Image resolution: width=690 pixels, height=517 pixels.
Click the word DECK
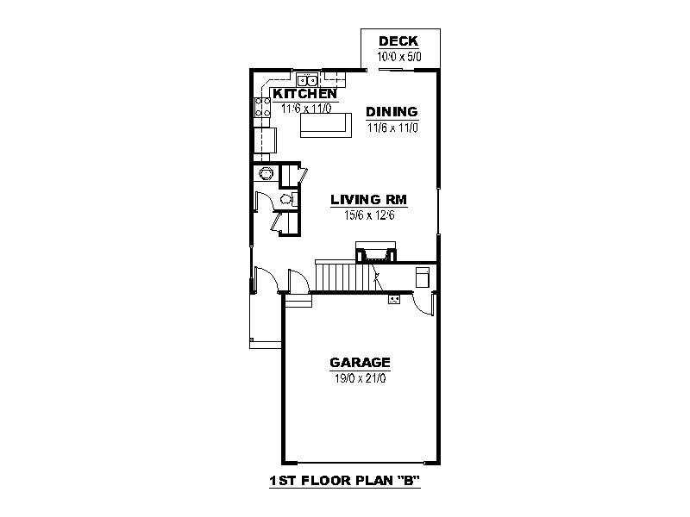pos(398,40)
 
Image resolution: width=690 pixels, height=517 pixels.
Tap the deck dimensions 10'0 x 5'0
pos(399,57)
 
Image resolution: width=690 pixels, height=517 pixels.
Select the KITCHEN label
pos(305,94)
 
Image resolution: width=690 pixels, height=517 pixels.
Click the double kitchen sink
pos(307,80)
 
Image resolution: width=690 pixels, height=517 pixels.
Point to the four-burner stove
pos(263,107)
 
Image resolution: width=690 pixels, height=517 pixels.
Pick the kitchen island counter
pos(326,125)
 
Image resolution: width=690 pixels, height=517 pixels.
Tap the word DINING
pos(392,112)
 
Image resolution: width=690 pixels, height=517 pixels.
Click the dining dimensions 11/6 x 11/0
pos(392,128)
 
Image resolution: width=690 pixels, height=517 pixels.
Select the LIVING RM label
pos(369,200)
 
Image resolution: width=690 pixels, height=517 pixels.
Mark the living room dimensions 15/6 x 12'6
pos(369,215)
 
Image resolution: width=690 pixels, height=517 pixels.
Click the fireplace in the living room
pos(375,252)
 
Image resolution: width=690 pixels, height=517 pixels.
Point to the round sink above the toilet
pos(266,174)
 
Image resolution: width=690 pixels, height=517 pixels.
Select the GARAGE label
pos(360,362)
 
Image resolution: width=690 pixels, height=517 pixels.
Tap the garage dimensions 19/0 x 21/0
pos(360,378)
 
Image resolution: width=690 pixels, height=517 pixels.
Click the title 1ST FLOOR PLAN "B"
pos(344,481)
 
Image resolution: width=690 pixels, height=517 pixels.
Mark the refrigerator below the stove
pos(266,140)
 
